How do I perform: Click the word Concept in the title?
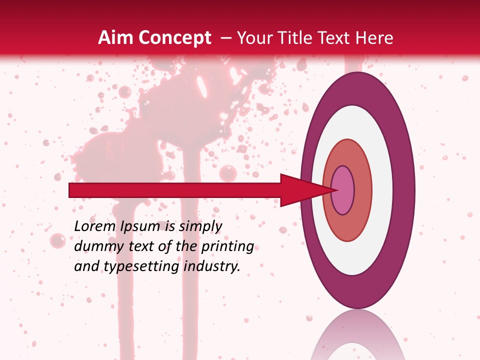coord(174,38)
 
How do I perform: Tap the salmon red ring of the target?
coord(362,190)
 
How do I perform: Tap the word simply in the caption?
coord(199,226)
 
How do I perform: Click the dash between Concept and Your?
coord(225,38)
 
